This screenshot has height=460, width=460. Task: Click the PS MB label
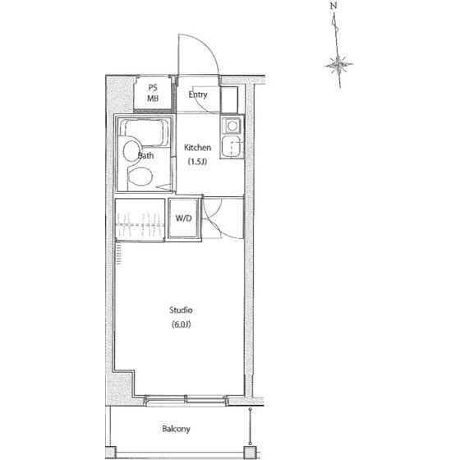(x=153, y=93)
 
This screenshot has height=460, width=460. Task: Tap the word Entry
(x=198, y=94)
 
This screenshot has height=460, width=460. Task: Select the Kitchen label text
(x=197, y=147)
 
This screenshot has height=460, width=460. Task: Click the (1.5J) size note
(x=197, y=161)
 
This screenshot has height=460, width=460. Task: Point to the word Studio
(x=181, y=310)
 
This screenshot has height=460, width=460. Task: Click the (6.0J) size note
(x=181, y=324)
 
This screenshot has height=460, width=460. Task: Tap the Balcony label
(x=176, y=429)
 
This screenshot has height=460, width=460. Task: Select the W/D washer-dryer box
(x=184, y=218)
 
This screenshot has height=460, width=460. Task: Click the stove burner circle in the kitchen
(x=232, y=126)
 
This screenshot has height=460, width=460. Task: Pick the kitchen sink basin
(x=233, y=146)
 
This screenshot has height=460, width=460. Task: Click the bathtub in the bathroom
(x=144, y=132)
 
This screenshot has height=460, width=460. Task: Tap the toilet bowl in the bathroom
(x=140, y=176)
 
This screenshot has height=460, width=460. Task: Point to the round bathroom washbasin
(x=131, y=151)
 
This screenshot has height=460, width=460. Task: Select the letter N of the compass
(x=333, y=6)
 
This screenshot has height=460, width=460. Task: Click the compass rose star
(x=338, y=65)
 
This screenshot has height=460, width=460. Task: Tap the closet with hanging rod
(x=140, y=219)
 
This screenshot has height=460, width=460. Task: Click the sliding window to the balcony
(x=186, y=400)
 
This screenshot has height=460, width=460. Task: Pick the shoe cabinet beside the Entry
(x=229, y=99)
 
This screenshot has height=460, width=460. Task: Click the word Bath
(x=146, y=155)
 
